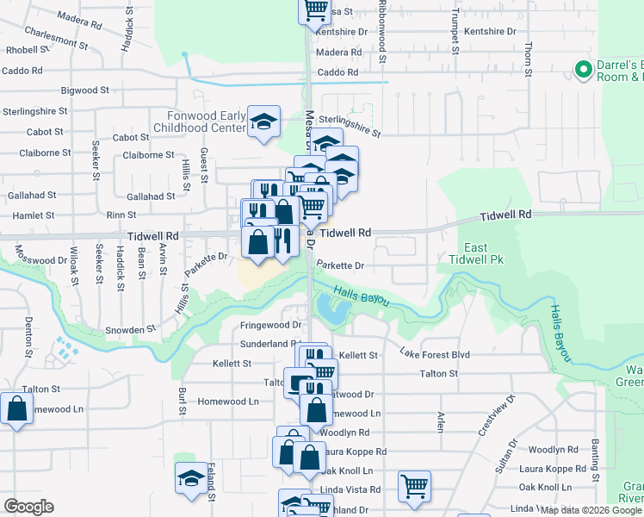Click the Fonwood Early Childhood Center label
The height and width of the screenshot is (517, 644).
coord(197,121)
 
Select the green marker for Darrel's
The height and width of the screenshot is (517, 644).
coord(582,68)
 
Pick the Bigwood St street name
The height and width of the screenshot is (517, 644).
coord(85,90)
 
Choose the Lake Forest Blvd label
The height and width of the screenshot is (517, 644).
coord(435,353)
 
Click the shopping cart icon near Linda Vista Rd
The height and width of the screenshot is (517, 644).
coord(414,486)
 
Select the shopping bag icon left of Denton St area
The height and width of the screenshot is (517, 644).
coord(17,408)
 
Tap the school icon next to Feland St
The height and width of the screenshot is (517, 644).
coord(191,479)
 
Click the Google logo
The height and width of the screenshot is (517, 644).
coord(28,507)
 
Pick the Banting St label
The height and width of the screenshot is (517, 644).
coord(595,458)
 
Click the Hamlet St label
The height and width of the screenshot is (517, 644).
coord(31,215)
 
